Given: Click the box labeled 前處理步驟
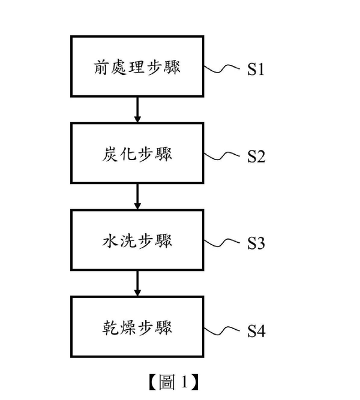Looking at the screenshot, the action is (x=137, y=67).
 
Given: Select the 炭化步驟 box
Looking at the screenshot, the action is (x=137, y=153).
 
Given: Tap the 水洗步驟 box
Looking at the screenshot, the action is (x=137, y=240).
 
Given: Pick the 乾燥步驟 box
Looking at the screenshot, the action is (x=137, y=327).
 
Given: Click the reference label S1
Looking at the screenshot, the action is (x=256, y=69).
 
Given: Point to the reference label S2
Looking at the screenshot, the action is (x=256, y=156).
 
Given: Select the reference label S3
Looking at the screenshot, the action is (x=256, y=243).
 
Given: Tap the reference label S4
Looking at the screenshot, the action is (x=256, y=331).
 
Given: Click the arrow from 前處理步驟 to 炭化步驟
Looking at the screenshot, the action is (x=137, y=110).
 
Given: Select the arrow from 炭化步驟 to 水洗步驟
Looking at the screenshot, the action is (x=137, y=197).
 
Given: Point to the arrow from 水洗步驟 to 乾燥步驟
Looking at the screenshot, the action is (x=137, y=284).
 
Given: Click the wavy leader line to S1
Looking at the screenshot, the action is (x=222, y=69).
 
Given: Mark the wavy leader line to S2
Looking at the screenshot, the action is (x=222, y=156).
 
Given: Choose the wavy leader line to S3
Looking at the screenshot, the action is (x=222, y=243).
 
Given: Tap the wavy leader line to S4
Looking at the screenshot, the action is (x=222, y=330).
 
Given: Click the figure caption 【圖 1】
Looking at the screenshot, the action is (x=173, y=382).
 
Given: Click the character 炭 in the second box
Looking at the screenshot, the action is (x=110, y=154).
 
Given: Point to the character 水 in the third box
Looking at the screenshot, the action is (x=110, y=240).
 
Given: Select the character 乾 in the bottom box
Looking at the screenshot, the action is (x=110, y=327).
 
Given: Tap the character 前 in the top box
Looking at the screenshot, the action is (x=101, y=67).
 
